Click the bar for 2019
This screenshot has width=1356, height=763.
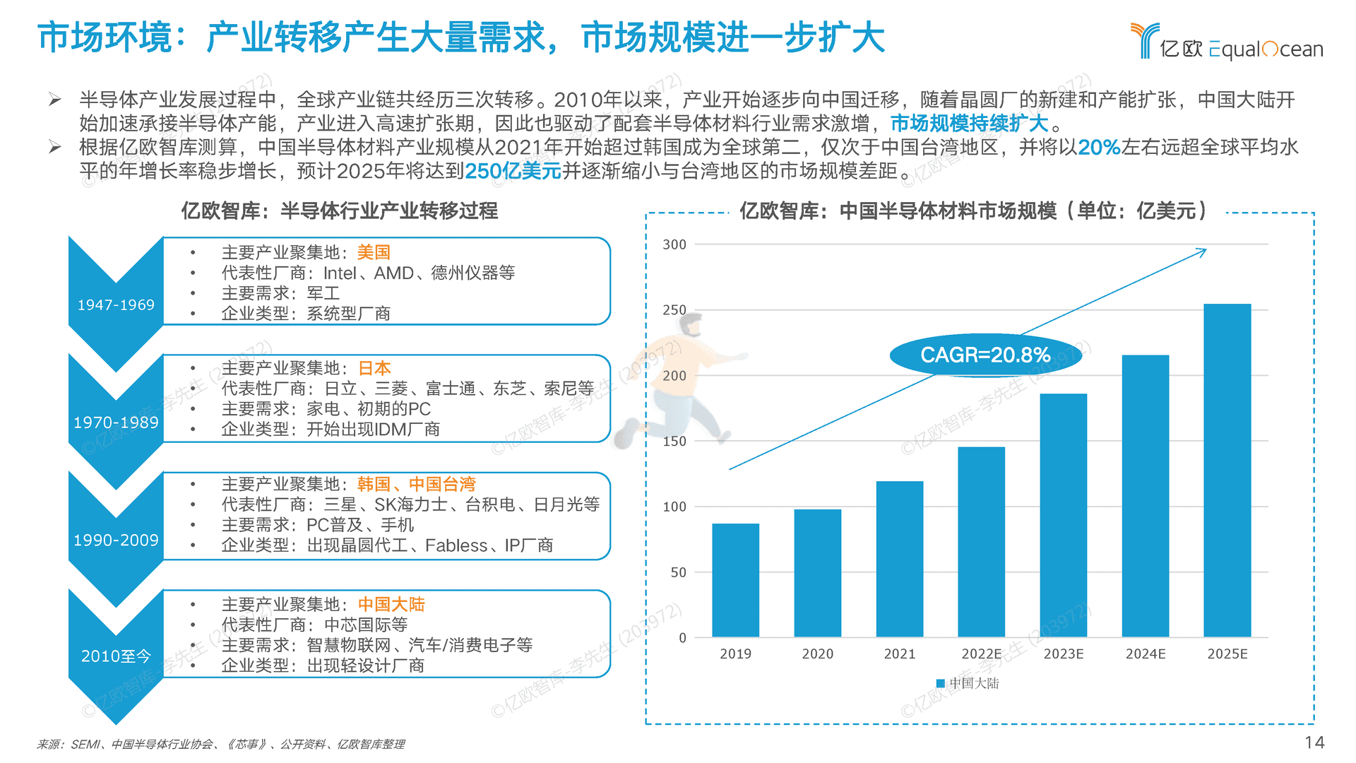(x=735, y=580)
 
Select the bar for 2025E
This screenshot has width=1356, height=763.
(x=1227, y=471)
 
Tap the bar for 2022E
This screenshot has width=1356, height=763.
(x=981, y=542)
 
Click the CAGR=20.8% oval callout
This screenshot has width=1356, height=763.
(x=985, y=355)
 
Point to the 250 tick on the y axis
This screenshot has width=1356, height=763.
(x=674, y=310)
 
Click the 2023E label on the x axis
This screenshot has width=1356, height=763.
(x=1063, y=654)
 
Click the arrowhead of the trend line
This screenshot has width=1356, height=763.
(x=1202, y=251)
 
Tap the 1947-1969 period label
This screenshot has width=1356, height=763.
(x=116, y=305)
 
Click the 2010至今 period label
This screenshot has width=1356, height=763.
(x=116, y=656)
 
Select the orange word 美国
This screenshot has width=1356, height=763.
(x=374, y=252)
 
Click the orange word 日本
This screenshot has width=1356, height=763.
(x=374, y=368)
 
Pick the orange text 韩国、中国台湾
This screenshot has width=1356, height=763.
(x=416, y=484)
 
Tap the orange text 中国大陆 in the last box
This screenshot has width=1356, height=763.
(x=391, y=604)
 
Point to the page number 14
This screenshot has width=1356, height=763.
(x=1314, y=743)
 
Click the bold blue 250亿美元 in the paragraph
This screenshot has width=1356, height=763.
(x=513, y=171)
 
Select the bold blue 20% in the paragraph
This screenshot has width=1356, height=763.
(x=1099, y=147)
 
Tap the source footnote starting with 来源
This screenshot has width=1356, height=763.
(x=220, y=744)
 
